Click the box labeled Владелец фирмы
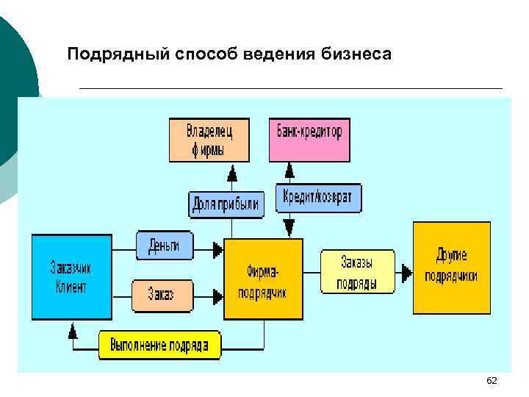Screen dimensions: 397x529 point(209,140)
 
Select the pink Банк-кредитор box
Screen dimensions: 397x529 point(309,140)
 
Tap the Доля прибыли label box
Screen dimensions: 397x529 point(225,204)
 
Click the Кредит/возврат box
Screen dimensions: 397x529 point(318,197)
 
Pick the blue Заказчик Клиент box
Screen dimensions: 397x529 point(71,276)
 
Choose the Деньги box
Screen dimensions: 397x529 point(163,246)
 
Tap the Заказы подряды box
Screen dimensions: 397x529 point(357,273)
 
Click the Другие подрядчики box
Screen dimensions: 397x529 point(451,268)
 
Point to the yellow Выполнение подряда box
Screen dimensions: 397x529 point(159,345)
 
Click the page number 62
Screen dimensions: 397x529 point(492,380)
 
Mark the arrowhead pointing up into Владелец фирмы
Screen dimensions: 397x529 point(232,174)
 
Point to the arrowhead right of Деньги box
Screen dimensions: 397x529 point(217,250)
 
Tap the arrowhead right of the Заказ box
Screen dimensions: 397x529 point(217,296)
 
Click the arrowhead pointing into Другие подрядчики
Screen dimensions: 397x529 point(406,273)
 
